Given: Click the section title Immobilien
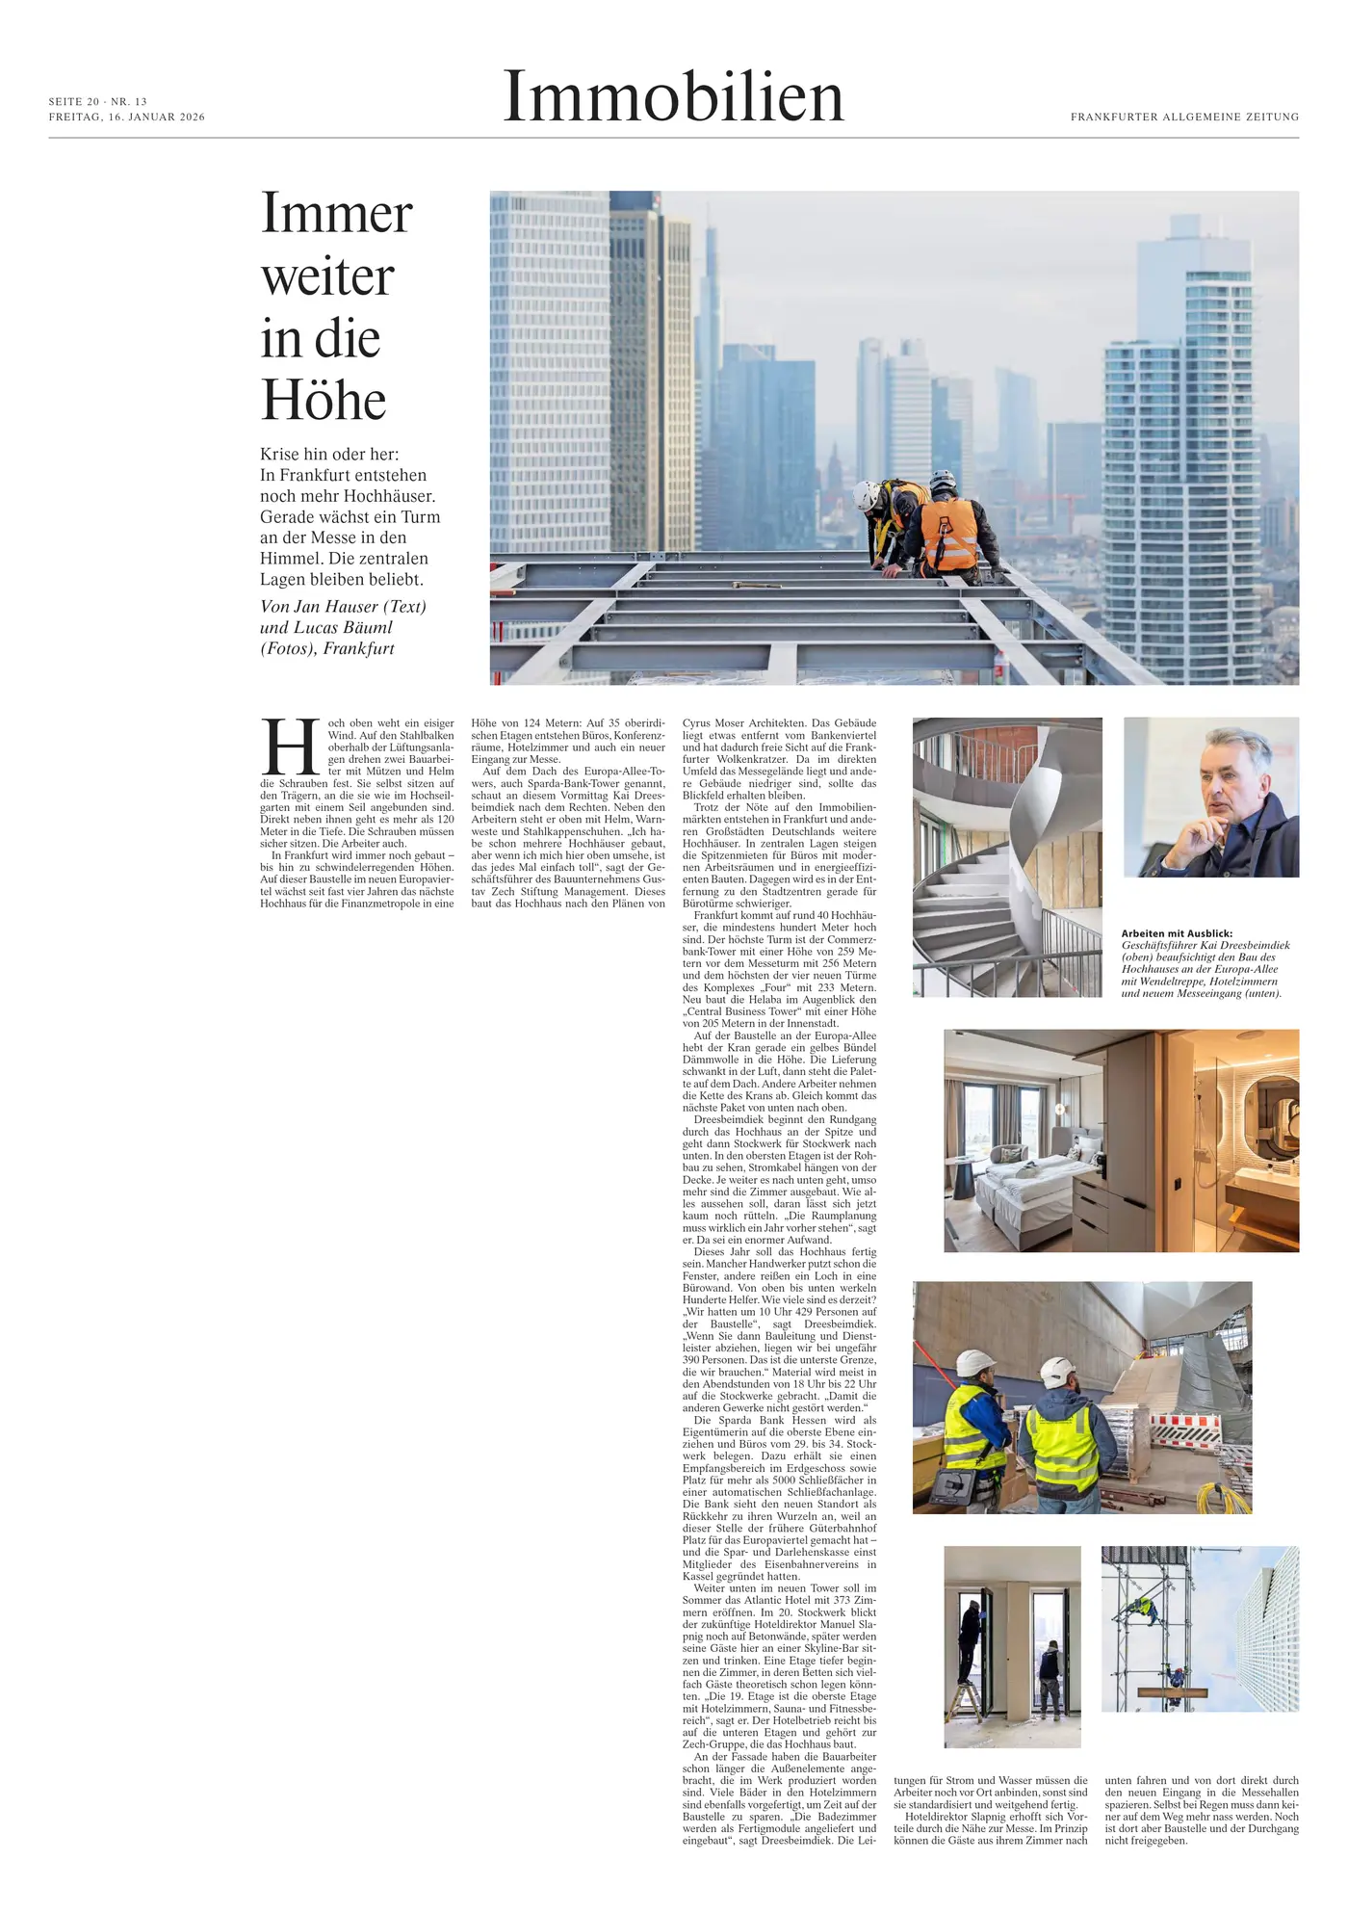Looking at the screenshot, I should tap(673, 97).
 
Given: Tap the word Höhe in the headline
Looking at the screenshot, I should tap(324, 401).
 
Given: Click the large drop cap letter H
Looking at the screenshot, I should tap(291, 747).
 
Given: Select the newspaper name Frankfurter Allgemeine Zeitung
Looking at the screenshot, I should tap(1184, 118).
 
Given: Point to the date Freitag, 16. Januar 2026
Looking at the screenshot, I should tap(127, 118).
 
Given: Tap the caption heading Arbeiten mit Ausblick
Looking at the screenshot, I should tap(1176, 933).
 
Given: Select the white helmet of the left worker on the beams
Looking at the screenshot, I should tap(865, 495).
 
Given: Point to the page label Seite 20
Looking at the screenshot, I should tap(74, 102).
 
